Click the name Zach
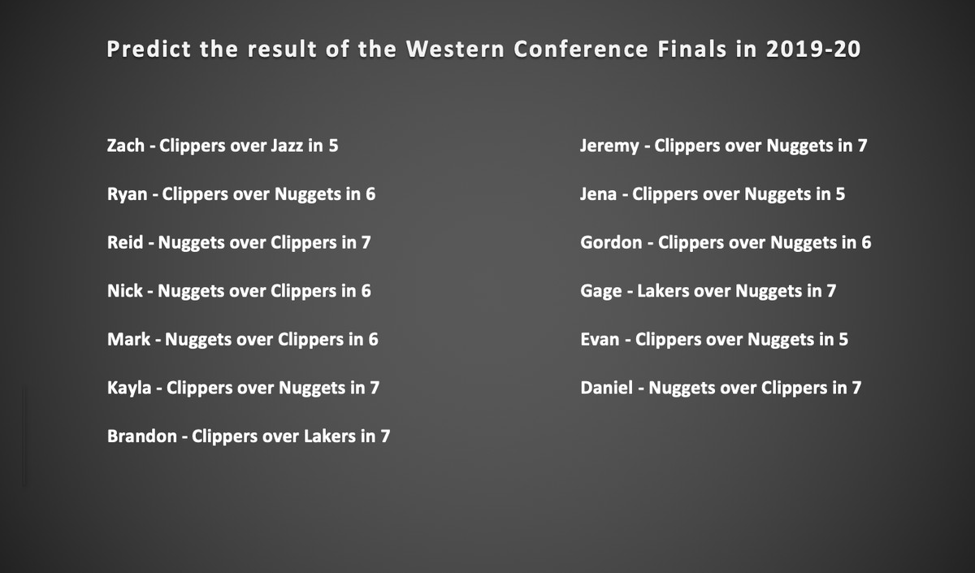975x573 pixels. [125, 145]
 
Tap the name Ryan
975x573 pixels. [127, 194]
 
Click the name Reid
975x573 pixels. [125, 242]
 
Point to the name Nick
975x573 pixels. [125, 291]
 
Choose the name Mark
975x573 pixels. [129, 339]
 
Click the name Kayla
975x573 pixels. [129, 389]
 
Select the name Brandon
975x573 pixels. [142, 436]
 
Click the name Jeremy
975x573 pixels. [609, 146]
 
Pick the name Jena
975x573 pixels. [599, 194]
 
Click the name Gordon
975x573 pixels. [611, 242]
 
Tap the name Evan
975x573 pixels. [600, 339]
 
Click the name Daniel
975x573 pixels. [606, 388]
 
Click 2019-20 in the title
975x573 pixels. [813, 49]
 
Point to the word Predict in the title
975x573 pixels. [149, 49]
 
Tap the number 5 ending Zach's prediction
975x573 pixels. [333, 145]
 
